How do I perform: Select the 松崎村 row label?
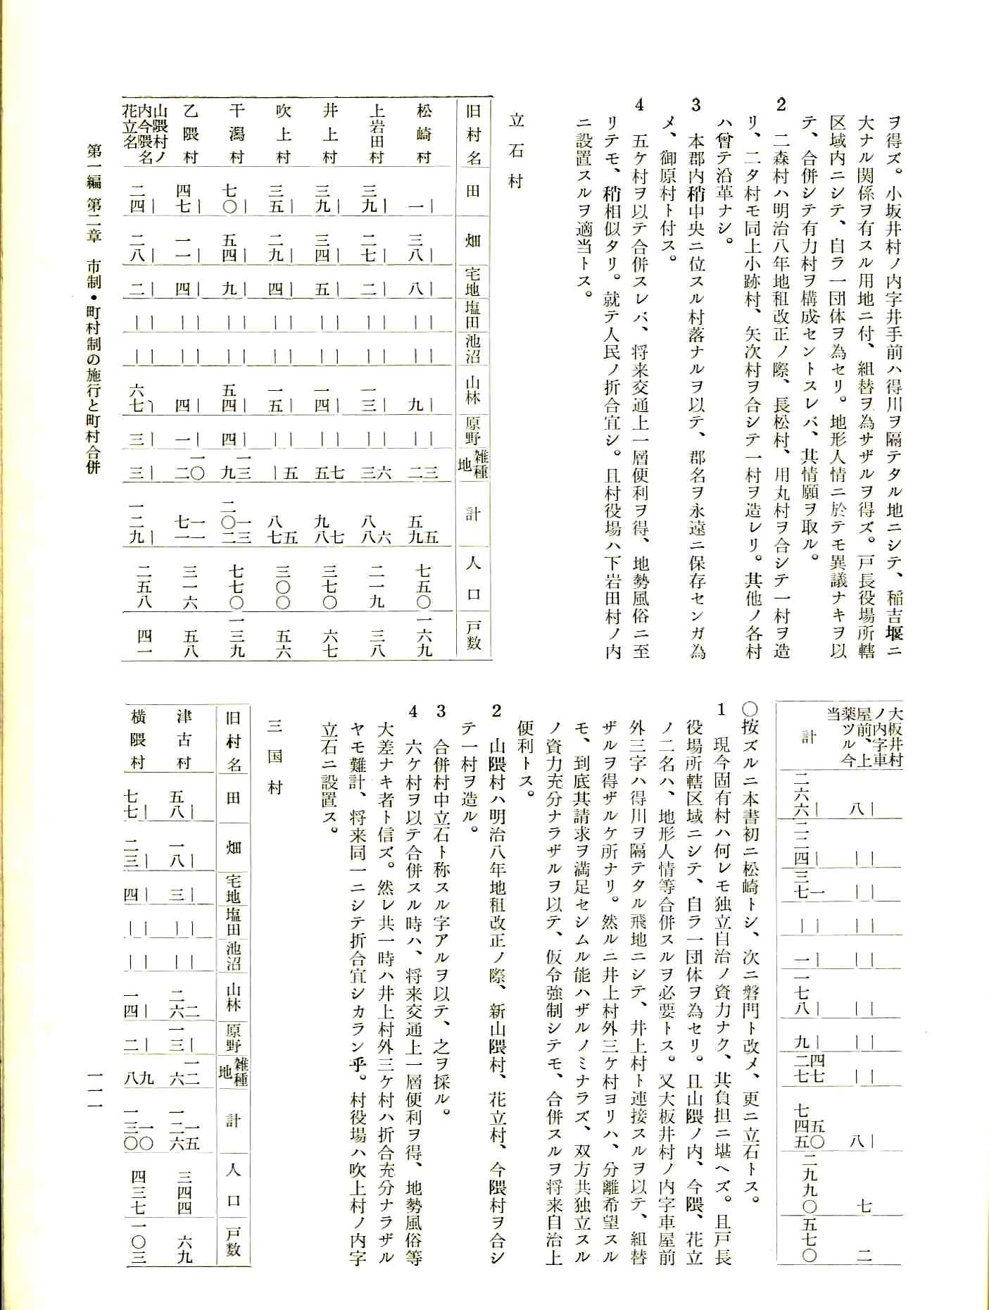coord(423,134)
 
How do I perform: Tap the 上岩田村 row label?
coord(377,134)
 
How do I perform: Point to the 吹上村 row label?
coord(284,134)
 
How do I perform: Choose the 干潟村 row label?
coord(237,134)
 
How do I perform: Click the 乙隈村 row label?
coord(191,134)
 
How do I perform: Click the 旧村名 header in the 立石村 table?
coord(474,134)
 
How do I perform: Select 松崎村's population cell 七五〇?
coord(423,585)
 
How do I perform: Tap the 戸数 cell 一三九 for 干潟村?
coord(237,637)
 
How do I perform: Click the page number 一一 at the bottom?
coord(92,1099)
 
